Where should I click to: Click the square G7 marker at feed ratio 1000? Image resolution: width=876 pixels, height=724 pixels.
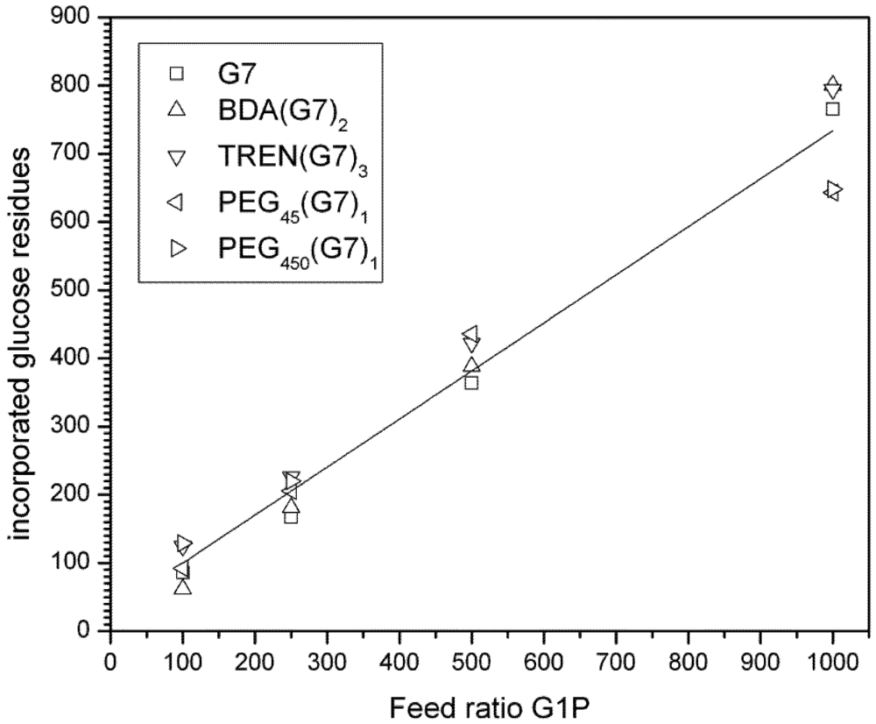[832, 109]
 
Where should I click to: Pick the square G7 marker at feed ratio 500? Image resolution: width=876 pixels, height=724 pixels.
[471, 383]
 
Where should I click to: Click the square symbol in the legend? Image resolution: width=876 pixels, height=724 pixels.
[177, 74]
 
